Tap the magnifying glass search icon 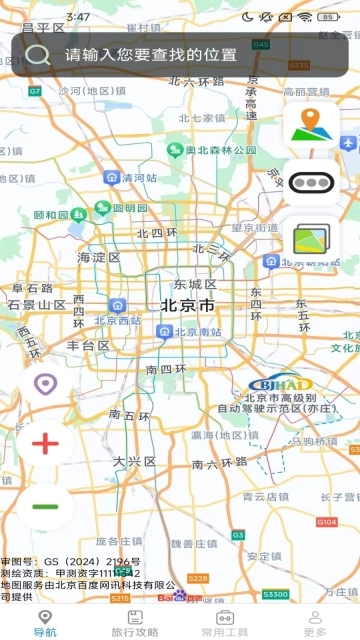point(38,55)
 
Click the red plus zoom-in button point(46,443)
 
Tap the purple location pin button point(45,384)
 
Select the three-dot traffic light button point(311,182)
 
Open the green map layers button point(311,240)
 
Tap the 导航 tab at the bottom point(45,623)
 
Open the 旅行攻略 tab point(135,623)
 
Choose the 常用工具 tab point(225,623)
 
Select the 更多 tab point(315,623)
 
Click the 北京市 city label point(187,305)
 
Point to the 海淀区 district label point(99,257)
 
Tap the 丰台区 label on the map point(88,345)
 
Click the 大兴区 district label point(134,461)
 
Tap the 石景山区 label point(37,304)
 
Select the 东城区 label point(194,284)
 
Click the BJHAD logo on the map point(280,384)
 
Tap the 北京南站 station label point(187,331)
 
